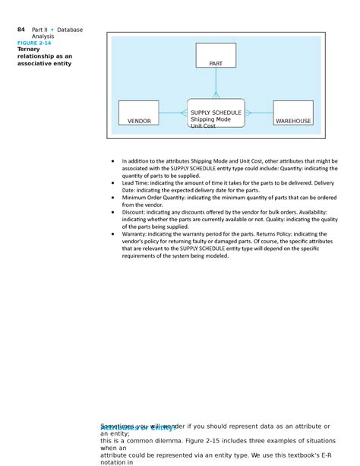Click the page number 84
pyautogui.click(x=21, y=30)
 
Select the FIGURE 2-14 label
pyautogui.click(x=34, y=43)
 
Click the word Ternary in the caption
pyautogui.click(x=29, y=49)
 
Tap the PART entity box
pyautogui.click(x=216, y=56)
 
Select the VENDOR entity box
pyautogui.click(x=139, y=113)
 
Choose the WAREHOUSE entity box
pyautogui.click(x=293, y=113)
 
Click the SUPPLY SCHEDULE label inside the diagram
pyautogui.click(x=216, y=113)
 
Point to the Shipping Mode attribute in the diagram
pyautogui.click(x=210, y=119)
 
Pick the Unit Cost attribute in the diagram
pyautogui.click(x=203, y=126)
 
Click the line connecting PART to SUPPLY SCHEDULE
pyautogui.click(x=216, y=82)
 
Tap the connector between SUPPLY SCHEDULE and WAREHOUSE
pyautogui.click(x=259, y=113)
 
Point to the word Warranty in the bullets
pyautogui.click(x=136, y=234)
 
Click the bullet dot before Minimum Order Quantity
pyautogui.click(x=112, y=198)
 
